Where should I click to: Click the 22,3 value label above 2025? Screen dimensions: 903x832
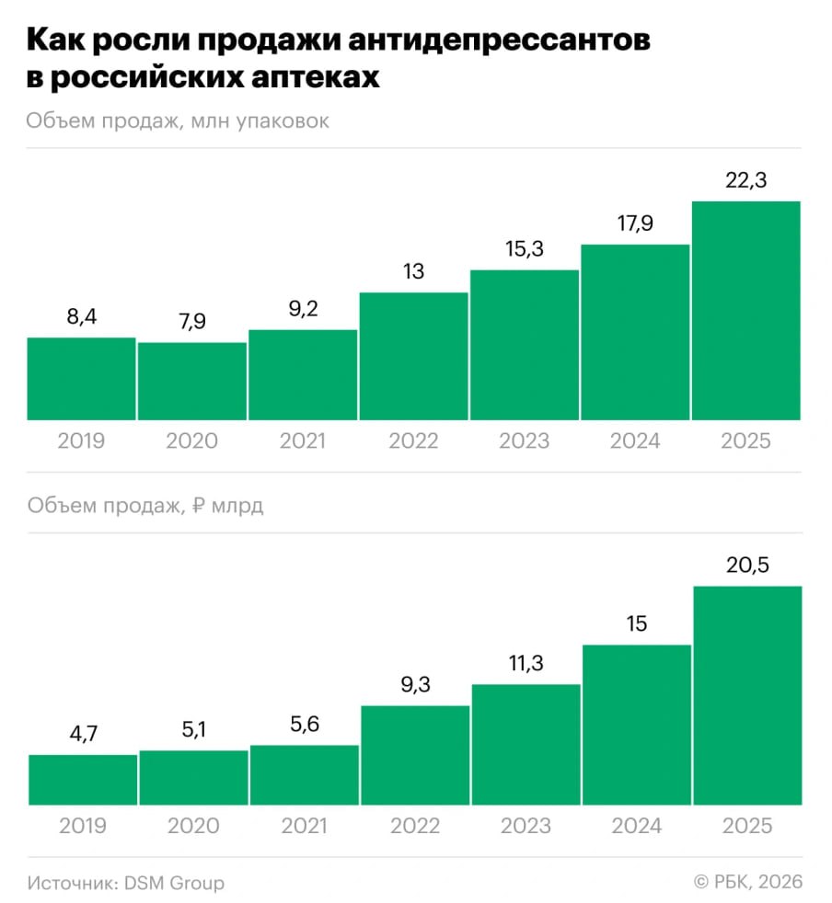(x=745, y=182)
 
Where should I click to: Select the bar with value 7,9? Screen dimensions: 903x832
(x=192, y=382)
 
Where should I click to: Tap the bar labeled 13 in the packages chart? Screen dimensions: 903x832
(x=413, y=357)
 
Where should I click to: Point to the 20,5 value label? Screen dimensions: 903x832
(x=746, y=566)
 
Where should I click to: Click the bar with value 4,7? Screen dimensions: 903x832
(x=83, y=780)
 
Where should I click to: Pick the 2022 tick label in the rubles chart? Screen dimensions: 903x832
(x=414, y=825)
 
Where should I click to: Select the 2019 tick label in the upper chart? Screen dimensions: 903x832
(x=81, y=440)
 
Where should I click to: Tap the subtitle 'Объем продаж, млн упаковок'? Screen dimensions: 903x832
(x=178, y=121)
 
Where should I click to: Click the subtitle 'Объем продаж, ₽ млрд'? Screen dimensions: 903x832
(x=145, y=506)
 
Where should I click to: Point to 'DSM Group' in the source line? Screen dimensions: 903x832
(x=174, y=883)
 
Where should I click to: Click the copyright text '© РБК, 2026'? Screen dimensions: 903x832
(x=747, y=883)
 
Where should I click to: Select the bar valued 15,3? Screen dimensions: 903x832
(x=524, y=345)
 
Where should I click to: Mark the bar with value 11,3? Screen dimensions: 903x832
(x=526, y=745)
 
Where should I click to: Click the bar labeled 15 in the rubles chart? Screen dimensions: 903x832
(x=636, y=725)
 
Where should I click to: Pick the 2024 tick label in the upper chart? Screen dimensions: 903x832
(x=634, y=440)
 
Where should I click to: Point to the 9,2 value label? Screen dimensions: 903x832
(x=303, y=310)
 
